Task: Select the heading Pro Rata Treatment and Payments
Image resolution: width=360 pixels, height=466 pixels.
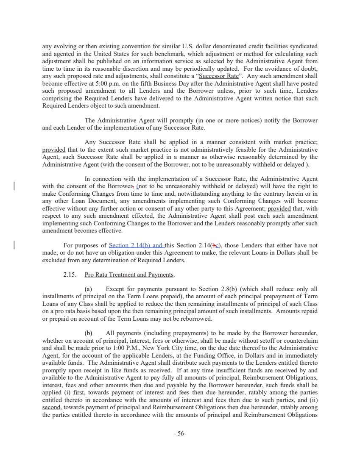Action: coord(129,275)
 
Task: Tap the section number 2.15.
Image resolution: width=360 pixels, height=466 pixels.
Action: coord(70,275)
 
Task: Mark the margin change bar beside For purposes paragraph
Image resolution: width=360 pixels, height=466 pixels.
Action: coord(15,245)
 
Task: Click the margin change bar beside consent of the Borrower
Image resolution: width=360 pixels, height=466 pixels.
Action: coord(15,186)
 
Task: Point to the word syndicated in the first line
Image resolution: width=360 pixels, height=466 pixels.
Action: coord(303,46)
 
